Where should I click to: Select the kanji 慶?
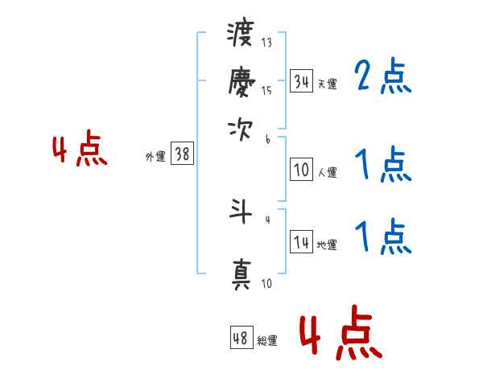point(242,81)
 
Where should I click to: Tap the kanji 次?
point(240,130)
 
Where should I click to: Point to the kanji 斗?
point(241,212)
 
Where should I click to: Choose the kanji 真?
point(242,275)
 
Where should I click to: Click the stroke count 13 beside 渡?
point(266,43)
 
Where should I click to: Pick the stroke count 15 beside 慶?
point(266,91)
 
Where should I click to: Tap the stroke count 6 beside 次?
point(268,139)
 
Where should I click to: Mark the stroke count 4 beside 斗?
point(268,220)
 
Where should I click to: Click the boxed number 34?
point(301,81)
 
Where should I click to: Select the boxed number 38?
point(183,153)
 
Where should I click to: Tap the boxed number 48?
point(242,337)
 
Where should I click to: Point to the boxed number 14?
point(301,241)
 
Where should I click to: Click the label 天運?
point(328,84)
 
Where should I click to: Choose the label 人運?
point(328,172)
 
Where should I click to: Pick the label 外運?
point(155,156)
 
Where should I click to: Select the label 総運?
point(267,340)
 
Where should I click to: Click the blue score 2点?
point(383,76)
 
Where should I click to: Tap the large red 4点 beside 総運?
point(341,333)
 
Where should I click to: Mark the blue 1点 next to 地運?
point(383,236)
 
